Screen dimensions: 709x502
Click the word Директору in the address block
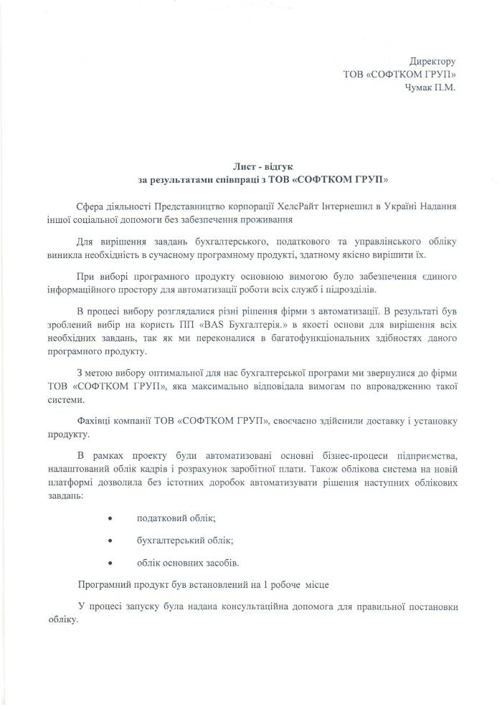(x=432, y=62)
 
